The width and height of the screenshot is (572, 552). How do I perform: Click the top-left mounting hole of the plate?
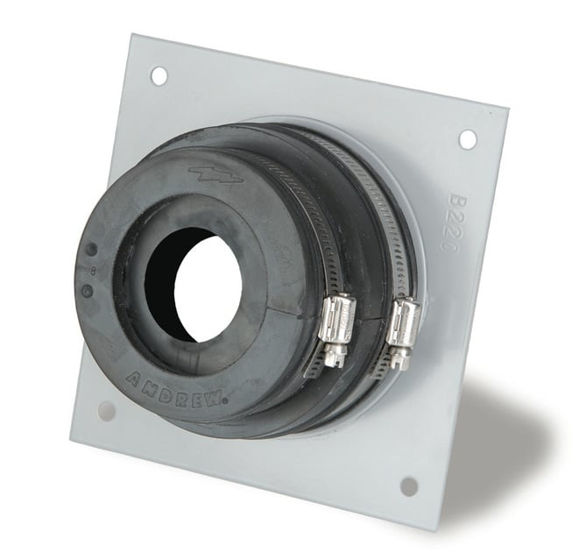pos(159,76)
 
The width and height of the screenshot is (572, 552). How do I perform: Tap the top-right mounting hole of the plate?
pos(468,138)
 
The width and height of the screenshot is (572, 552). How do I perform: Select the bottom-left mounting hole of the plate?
pos(107,410)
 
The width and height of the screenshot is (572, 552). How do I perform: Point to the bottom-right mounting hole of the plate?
pos(408,485)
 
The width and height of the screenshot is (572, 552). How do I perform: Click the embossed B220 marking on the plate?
pos(449,224)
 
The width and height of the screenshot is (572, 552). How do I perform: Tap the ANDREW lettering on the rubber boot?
pos(176,387)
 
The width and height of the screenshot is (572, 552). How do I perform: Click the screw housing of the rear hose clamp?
pos(404,324)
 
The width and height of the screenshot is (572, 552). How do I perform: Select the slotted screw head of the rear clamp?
pos(399,357)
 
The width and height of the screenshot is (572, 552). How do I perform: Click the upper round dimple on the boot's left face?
pos(90,249)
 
